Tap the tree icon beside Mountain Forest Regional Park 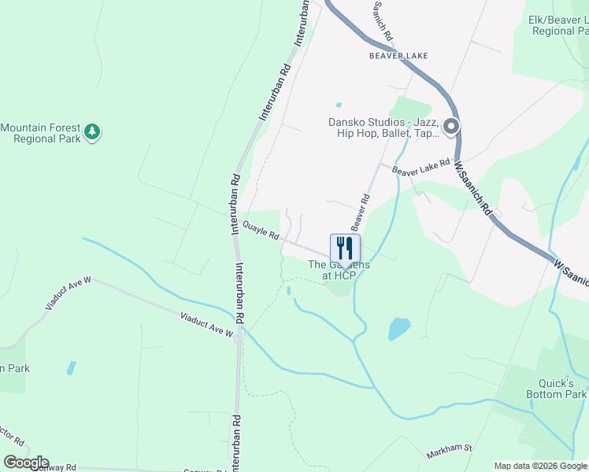(x=93, y=131)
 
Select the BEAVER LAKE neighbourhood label (x=398, y=56)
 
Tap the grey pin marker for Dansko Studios (x=451, y=127)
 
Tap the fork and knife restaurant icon (x=345, y=249)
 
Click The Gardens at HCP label (x=339, y=271)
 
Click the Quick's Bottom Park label (x=560, y=389)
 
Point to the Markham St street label (x=448, y=452)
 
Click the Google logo (x=26, y=463)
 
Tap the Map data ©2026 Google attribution (x=540, y=466)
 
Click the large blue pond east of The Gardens (x=399, y=328)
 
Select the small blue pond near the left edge (x=72, y=367)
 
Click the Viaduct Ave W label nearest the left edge (x=69, y=293)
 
